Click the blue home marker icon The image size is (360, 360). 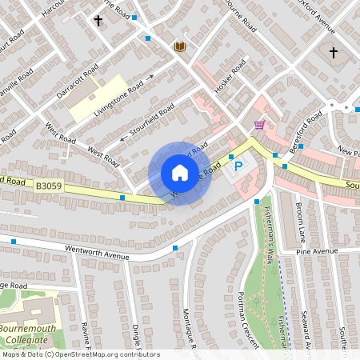click(x=179, y=173)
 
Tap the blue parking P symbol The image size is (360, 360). click(x=238, y=166)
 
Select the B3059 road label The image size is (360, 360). click(x=48, y=185)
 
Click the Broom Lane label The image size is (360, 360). click(x=301, y=223)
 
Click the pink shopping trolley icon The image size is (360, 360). click(x=259, y=125)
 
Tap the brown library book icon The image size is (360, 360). click(x=179, y=46)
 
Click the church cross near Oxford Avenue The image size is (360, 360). click(x=333, y=54)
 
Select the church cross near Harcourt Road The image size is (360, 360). click(x=99, y=20)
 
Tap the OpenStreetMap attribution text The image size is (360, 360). click(x=80, y=354)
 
